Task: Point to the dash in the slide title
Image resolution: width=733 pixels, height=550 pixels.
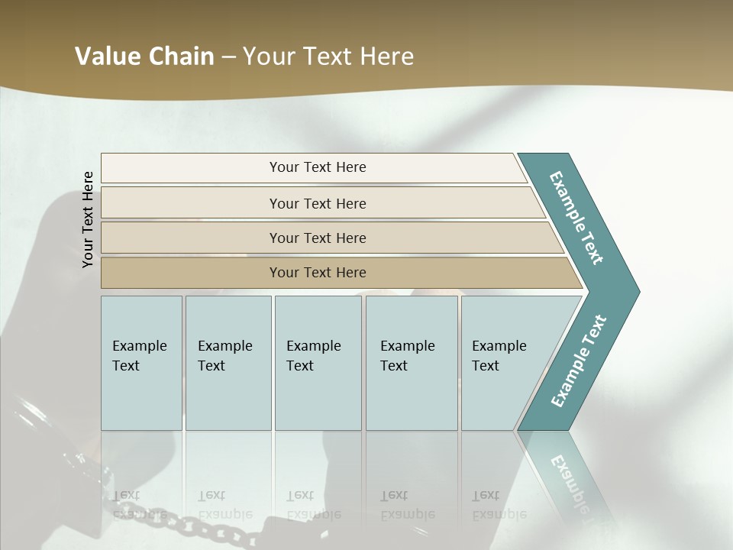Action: pos(228,57)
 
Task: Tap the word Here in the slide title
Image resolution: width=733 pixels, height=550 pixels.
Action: pos(386,56)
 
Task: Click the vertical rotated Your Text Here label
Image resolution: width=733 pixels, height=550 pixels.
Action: pos(88,219)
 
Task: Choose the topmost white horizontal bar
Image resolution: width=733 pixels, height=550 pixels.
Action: pos(313,167)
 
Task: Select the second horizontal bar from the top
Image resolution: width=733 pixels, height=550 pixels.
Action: pos(321,203)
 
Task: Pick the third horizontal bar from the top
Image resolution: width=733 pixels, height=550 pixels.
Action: pos(328,238)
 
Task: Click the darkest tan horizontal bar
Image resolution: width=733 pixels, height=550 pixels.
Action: pos(336,273)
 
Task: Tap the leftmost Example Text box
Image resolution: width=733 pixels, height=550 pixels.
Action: pos(141,363)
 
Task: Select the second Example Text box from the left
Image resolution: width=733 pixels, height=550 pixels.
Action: pos(228,363)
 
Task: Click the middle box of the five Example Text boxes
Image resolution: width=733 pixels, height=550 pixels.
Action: pos(318,363)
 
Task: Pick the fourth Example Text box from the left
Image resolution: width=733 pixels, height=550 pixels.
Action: pos(412,363)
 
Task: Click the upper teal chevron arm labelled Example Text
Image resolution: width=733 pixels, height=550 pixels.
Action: pos(577,218)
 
